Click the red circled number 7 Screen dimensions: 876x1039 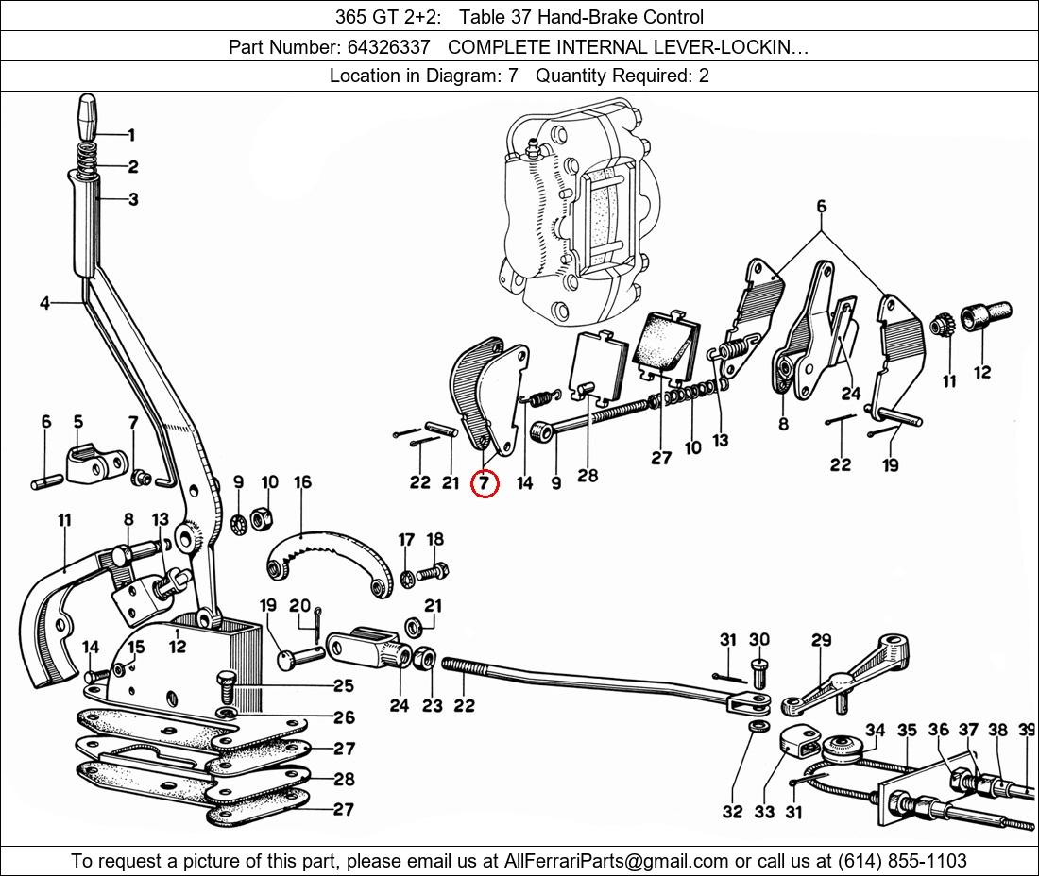coord(484,483)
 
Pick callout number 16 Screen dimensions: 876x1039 coord(302,482)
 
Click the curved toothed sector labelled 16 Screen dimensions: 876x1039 coord(326,562)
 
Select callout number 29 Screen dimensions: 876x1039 coord(821,641)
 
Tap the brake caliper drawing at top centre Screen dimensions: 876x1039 coord(576,212)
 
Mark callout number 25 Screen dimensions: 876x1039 coord(343,686)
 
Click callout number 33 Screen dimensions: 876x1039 coord(763,812)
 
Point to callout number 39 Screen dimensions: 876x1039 coord(1028,729)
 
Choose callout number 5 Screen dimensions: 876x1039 coord(77,422)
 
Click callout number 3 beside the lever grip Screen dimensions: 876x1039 coord(132,199)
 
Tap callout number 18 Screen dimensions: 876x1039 coord(434,540)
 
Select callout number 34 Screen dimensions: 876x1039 coord(875,730)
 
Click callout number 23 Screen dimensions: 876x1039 coord(432,704)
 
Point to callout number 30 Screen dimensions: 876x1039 coord(759,640)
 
